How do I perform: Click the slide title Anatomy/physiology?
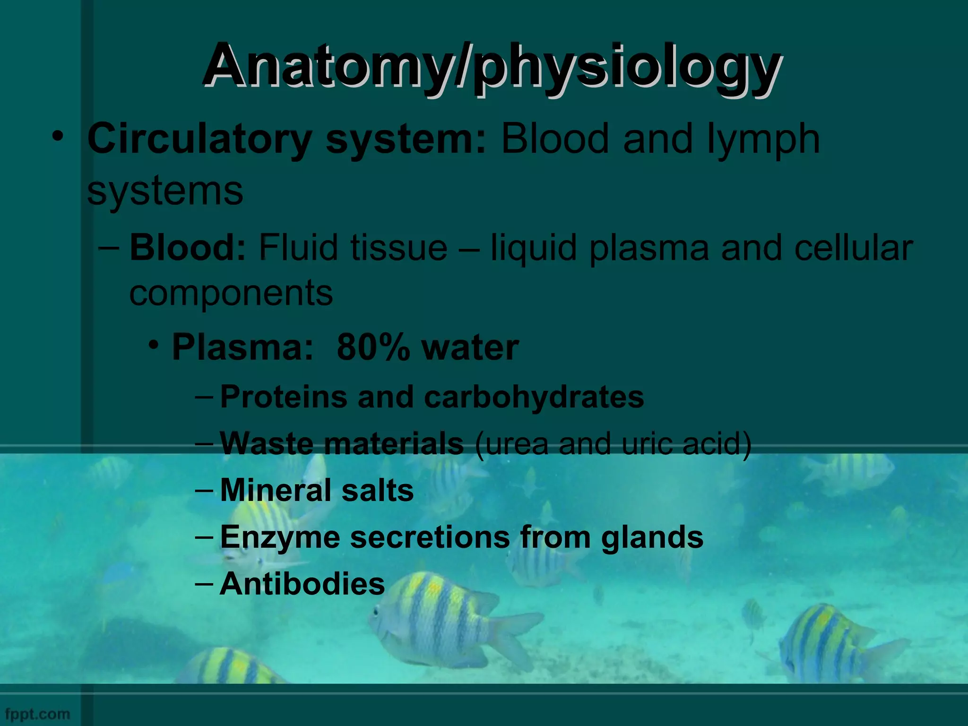(x=492, y=66)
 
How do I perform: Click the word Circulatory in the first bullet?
(x=199, y=139)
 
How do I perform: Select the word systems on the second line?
(x=165, y=191)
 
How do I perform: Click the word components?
(x=231, y=293)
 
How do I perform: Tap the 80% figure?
(x=373, y=347)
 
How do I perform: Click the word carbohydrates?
(x=534, y=397)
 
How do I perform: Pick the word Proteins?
(x=284, y=397)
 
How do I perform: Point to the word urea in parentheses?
(x=517, y=444)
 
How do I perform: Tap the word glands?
(x=652, y=538)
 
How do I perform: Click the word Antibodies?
(x=302, y=584)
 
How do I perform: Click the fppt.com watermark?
(x=37, y=714)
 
